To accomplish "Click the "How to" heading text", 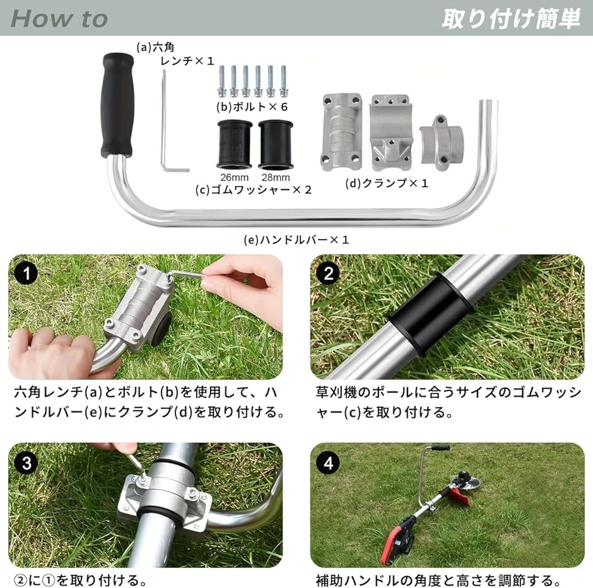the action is [x=59, y=18].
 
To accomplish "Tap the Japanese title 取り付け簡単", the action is [x=512, y=18].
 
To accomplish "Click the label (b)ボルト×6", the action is [x=252, y=107].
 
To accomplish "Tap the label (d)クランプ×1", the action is [x=387, y=184].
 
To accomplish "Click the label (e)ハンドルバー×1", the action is [x=296, y=240].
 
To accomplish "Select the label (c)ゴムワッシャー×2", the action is [x=254, y=189].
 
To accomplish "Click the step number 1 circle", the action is [x=26, y=273].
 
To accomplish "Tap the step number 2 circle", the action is [x=328, y=273].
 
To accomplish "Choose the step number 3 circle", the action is [x=26, y=462].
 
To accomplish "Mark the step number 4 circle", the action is [x=328, y=462].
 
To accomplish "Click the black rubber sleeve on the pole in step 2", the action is [x=430, y=315].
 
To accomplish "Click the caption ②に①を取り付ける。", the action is [x=79, y=580].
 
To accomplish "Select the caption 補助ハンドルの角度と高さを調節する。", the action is [x=438, y=580].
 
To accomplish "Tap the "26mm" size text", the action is [x=235, y=177].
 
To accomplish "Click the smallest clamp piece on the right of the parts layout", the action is [x=442, y=142].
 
